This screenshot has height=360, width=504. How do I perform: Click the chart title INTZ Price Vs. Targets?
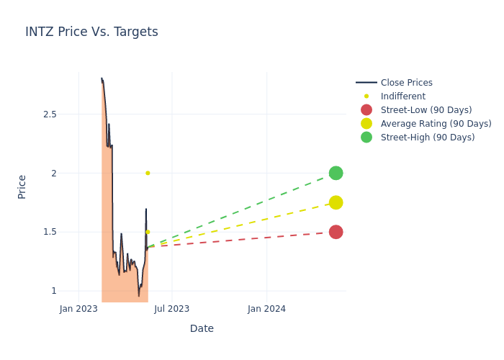[91, 32]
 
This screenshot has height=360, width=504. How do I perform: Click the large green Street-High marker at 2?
[336, 173]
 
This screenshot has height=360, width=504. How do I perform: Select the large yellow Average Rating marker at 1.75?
[336, 202]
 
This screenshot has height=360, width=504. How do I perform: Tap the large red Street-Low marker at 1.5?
[336, 232]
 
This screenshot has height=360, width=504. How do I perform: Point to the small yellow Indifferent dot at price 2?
[148, 173]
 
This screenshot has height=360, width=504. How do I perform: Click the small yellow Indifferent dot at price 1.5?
[148, 232]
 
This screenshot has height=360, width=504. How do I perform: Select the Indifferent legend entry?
[402, 96]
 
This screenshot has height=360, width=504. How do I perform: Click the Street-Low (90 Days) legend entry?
[426, 110]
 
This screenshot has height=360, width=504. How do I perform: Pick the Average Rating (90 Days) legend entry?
[436, 124]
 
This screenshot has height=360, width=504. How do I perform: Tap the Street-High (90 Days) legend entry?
[427, 138]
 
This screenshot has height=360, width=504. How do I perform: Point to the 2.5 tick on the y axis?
[50, 114]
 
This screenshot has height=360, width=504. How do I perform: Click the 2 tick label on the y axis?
[53, 173]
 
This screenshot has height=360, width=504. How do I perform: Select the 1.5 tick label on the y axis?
[50, 232]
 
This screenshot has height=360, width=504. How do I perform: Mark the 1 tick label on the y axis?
[53, 291]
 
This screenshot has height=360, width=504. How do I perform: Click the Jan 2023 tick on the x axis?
[78, 309]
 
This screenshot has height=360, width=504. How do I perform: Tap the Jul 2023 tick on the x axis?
[172, 309]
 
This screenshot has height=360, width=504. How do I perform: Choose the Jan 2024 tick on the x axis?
[266, 309]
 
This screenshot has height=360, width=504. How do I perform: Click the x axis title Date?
[202, 328]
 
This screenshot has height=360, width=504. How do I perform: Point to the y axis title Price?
[22, 186]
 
